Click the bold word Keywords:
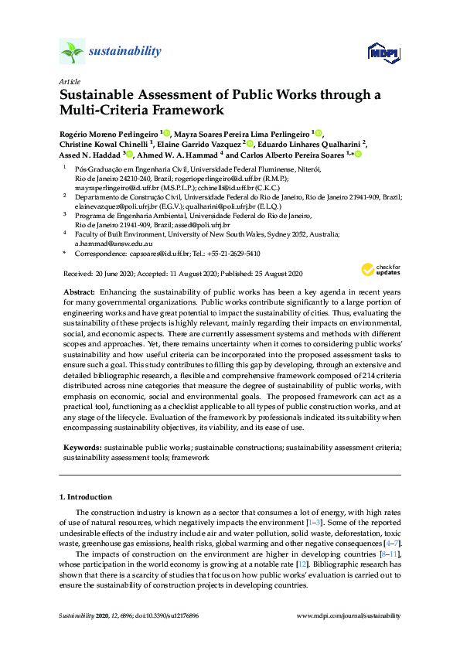click(80, 447)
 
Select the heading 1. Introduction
click(86, 496)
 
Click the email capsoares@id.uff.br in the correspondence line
click(147, 253)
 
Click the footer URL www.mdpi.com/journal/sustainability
click(349, 615)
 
